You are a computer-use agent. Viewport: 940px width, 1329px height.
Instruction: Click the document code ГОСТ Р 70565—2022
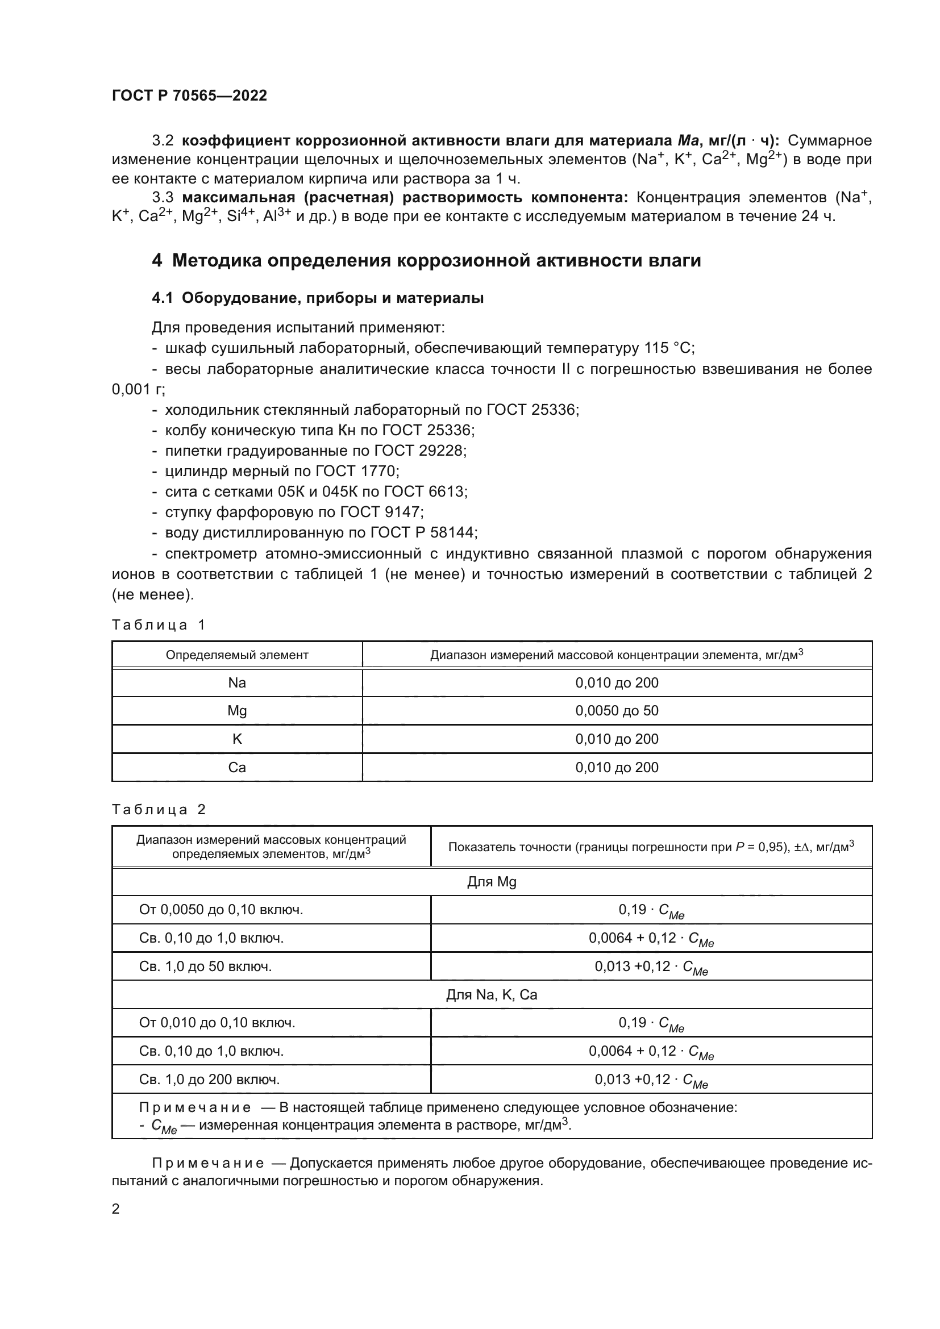point(189,95)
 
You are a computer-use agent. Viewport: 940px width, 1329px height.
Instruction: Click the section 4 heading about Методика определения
point(426,260)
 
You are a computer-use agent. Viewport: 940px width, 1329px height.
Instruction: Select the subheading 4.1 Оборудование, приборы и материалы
point(317,298)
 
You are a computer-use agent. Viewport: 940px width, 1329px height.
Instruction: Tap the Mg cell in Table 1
point(237,711)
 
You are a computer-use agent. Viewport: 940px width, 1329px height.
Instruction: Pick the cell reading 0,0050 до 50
point(617,711)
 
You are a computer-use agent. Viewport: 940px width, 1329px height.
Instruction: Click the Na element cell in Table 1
point(237,683)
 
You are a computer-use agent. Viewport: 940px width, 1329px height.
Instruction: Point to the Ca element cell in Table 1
point(237,768)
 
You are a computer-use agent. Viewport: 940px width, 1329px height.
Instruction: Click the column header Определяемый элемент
point(237,655)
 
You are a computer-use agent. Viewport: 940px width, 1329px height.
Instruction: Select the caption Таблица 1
point(159,625)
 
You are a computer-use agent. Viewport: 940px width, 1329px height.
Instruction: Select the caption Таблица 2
point(159,810)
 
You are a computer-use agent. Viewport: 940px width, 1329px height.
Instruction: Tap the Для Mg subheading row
point(492,882)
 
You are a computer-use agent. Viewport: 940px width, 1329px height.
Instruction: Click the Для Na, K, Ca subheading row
point(492,995)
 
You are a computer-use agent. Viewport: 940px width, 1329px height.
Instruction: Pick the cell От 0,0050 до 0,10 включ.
point(221,910)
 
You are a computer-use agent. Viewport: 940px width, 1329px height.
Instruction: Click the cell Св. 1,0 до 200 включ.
point(209,1080)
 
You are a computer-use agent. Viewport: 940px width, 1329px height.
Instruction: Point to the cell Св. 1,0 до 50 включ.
point(205,966)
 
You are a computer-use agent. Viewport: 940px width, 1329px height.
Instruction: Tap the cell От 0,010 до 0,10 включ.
point(217,1023)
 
